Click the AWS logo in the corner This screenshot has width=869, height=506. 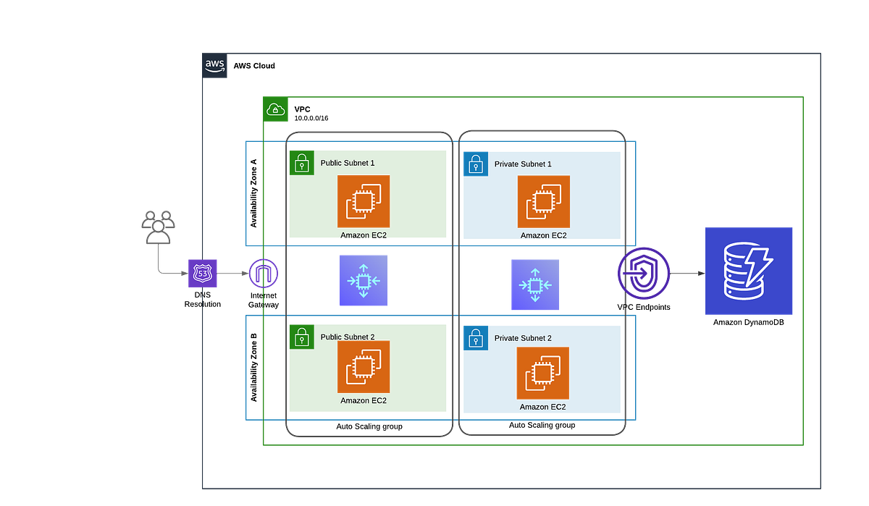pos(215,66)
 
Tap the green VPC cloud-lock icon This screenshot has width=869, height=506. pos(275,110)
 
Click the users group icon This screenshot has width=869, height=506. pos(158,225)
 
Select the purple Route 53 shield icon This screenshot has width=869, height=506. pos(203,273)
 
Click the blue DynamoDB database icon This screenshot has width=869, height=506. pos(749,271)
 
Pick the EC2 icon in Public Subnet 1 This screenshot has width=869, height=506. pos(364,201)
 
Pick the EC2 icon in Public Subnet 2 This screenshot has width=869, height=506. pos(364,367)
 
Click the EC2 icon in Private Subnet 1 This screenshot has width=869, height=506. pos(543,201)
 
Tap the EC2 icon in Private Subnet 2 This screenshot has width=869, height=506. pos(542,374)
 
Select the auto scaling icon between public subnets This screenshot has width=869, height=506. pos(363,281)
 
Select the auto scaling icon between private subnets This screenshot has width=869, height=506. pos(535,285)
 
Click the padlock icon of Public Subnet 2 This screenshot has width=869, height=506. pos(302,337)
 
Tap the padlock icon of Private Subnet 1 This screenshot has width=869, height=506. pos(475,164)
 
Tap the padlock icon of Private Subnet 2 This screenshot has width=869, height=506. pos(475,337)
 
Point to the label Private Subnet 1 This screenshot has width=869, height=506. pos(523,164)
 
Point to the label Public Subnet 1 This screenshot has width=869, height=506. pos(348,163)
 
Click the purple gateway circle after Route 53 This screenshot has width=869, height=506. pos(263,274)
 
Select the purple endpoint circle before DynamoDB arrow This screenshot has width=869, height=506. pos(643,273)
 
